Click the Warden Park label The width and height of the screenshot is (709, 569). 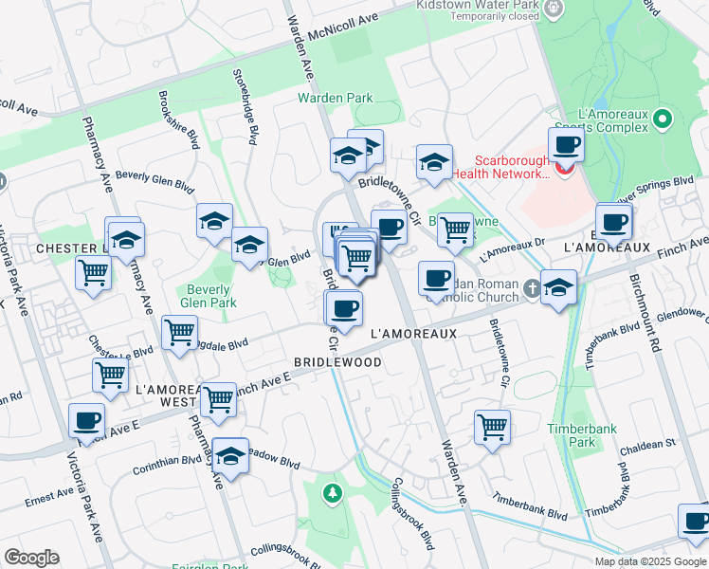coord(336,98)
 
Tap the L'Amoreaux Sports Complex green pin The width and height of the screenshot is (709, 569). coord(664,119)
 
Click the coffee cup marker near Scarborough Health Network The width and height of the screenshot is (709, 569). coord(566,145)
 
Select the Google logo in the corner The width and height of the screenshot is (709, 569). coord(31,558)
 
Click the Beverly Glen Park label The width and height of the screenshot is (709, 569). coord(209,296)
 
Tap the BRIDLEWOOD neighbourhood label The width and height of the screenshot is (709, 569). coord(337,362)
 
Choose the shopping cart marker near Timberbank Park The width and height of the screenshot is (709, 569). coord(493,427)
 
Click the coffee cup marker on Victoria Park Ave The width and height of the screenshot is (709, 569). coord(86,420)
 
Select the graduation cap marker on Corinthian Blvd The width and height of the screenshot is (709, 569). coord(230,457)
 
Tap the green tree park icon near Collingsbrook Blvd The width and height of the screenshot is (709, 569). coord(331,492)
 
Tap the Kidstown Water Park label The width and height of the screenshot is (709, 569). coord(478,5)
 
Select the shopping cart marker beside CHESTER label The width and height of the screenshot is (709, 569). coord(94,272)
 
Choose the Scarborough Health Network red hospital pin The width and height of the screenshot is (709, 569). coord(565,169)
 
